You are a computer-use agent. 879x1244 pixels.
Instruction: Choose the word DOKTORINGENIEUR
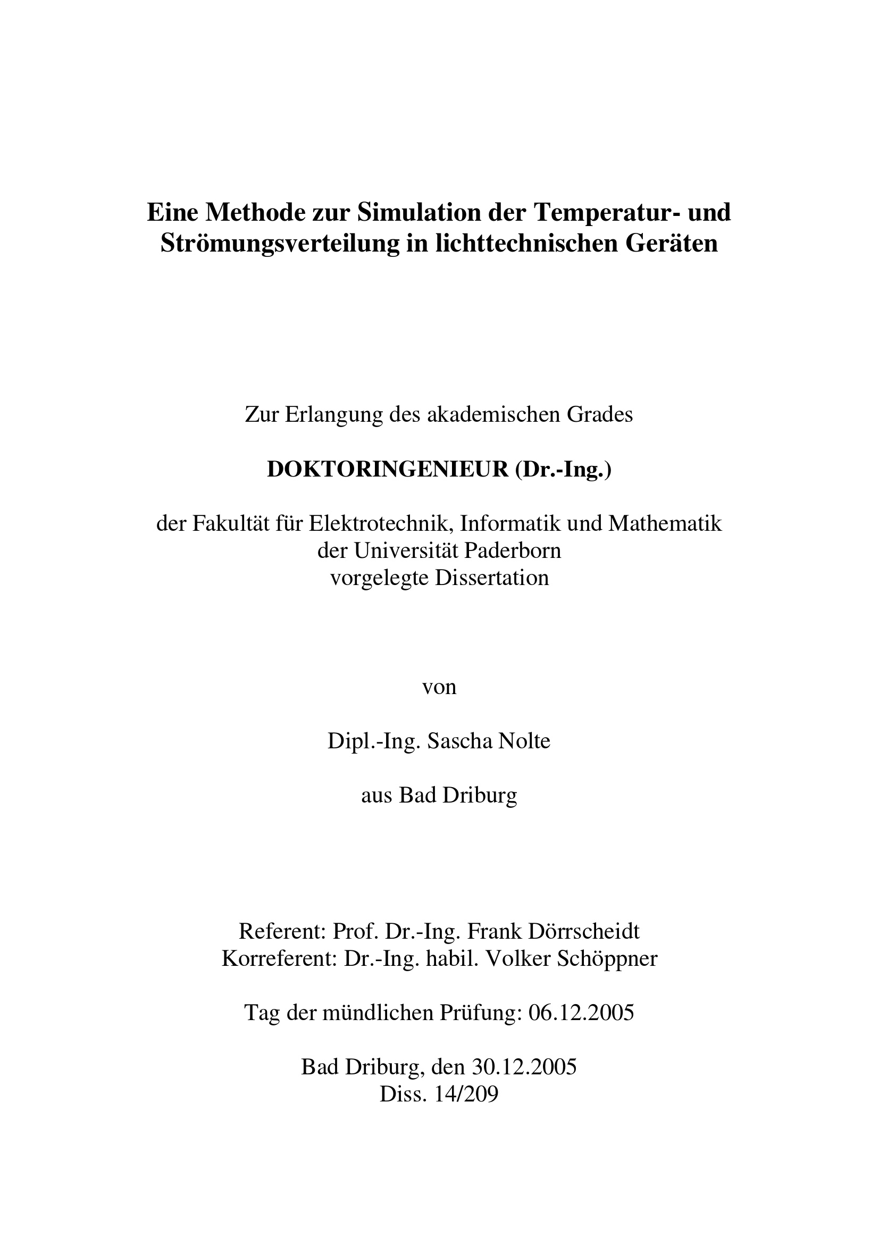coord(388,470)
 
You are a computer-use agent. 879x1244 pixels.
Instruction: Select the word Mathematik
coord(666,523)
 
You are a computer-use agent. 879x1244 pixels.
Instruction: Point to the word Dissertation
coord(492,578)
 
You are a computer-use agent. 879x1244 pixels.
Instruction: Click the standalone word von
coord(439,687)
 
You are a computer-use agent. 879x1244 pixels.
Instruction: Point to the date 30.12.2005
coord(524,1067)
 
